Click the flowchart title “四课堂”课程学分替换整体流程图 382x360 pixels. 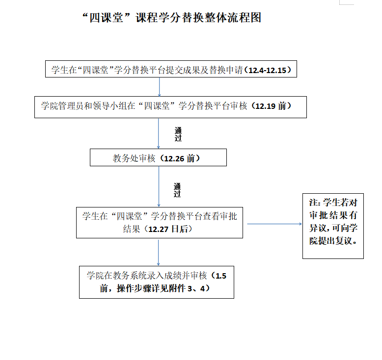pos(171,18)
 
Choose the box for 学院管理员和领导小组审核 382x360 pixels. pos(170,106)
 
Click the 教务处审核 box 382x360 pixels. pos(158,158)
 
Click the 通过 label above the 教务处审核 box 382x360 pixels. pos(178,134)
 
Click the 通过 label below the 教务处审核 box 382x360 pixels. pos(177,190)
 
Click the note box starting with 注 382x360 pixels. pos(333,226)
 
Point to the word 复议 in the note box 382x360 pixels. pos(343,241)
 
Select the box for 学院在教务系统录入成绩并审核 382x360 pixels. pos(157,282)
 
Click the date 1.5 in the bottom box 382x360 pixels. pos(221,276)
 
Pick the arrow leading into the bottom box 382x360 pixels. pos(158,252)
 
